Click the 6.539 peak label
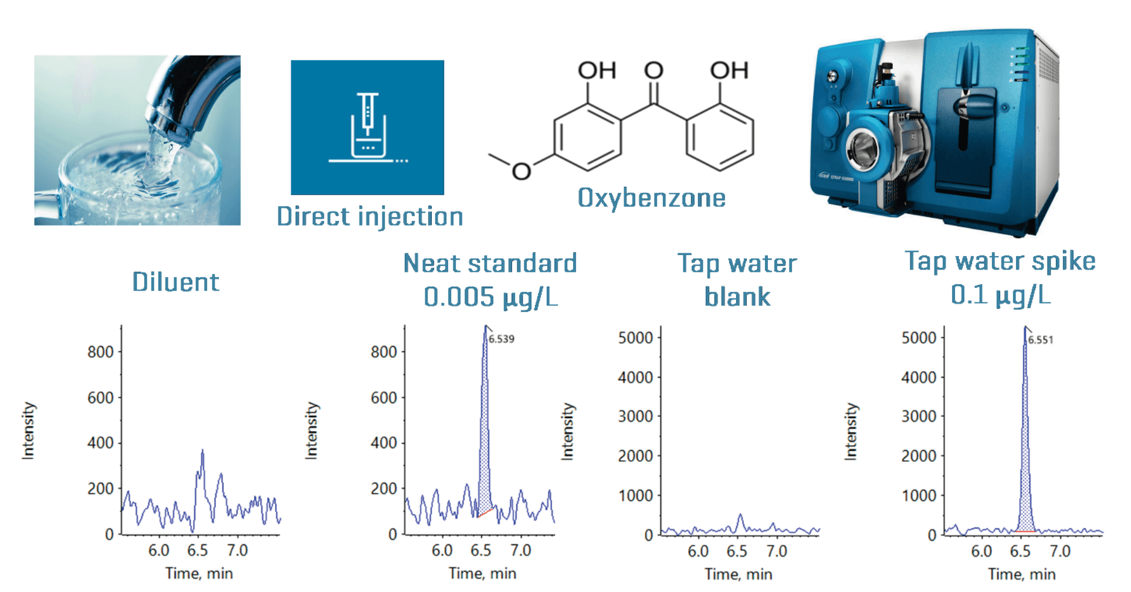pos(502,339)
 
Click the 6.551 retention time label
pos(1041,339)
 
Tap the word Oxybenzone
pos(652,198)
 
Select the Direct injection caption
pos(370,217)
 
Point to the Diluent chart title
pos(175,282)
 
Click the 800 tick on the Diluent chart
pos(100,352)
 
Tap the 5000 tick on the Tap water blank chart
pos(635,338)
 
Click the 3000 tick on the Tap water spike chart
pos(919,416)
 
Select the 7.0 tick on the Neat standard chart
pos(520,550)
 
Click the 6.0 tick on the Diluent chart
pos(158,550)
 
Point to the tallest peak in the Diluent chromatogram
pos(202,451)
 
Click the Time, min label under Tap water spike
pos(1022,574)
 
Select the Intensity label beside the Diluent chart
pos(28,431)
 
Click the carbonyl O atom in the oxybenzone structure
pos(653,71)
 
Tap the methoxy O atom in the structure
pos(521,171)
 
